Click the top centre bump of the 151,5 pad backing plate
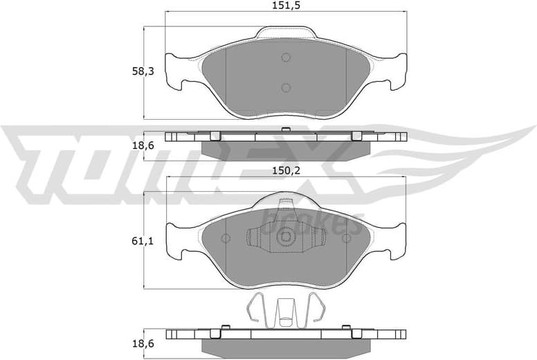(x=286, y=32)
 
